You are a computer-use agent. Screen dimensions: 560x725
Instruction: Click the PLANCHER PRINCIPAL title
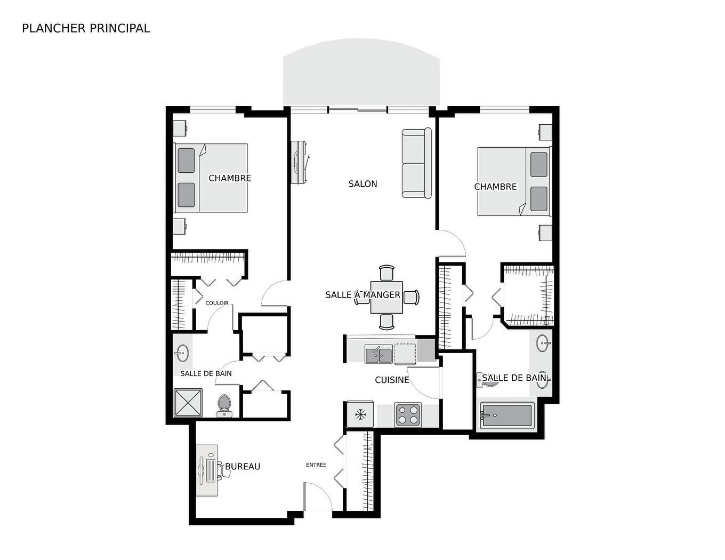[86, 28]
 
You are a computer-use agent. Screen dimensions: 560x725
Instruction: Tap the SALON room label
[362, 184]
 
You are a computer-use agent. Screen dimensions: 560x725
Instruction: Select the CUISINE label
[392, 380]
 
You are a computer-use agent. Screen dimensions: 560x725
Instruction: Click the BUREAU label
[243, 467]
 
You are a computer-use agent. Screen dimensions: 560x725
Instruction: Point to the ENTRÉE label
[316, 465]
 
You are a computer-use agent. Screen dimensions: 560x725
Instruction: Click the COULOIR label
[217, 303]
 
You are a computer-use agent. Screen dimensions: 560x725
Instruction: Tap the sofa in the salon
[416, 163]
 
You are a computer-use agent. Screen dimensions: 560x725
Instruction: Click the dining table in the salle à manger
[386, 298]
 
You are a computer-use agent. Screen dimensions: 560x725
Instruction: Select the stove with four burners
[408, 415]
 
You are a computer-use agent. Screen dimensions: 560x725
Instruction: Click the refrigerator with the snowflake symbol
[360, 414]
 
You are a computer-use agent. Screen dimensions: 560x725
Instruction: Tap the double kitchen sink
[378, 354]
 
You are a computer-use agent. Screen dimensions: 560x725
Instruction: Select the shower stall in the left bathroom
[188, 403]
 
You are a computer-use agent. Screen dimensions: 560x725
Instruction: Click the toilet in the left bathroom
[224, 405]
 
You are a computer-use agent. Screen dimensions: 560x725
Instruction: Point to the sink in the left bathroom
[182, 353]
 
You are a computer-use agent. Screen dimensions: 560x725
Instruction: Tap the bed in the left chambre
[212, 178]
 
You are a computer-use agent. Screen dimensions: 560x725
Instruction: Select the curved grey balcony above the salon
[361, 72]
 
